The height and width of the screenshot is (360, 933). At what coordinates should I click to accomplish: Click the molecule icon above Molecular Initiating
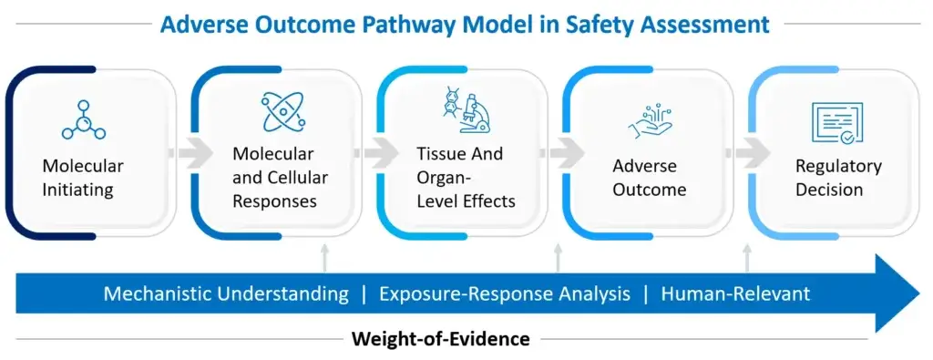[x=84, y=121]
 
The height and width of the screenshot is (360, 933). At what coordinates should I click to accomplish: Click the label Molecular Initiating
[x=83, y=178]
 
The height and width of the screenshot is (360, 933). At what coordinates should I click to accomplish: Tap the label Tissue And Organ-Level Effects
[x=466, y=177]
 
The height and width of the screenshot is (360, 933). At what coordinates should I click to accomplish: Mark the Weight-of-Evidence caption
[x=441, y=339]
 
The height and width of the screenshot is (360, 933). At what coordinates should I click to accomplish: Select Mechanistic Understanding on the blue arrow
[x=226, y=293]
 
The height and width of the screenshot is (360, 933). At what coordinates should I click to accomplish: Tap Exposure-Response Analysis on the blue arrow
[x=505, y=293]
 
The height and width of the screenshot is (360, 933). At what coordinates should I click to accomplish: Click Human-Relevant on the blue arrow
[x=735, y=293]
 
